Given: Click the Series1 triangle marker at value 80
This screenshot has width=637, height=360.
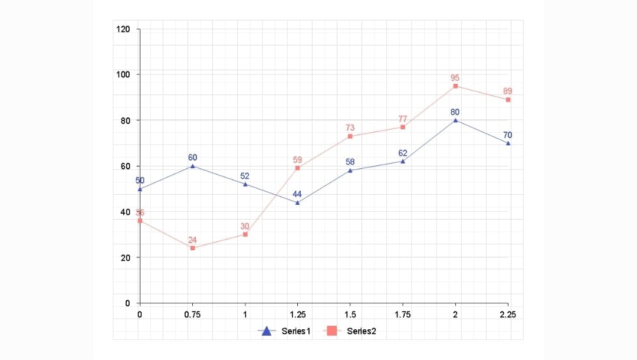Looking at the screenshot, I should pos(455,120).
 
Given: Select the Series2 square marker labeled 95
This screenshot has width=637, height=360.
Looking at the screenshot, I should pos(455,86).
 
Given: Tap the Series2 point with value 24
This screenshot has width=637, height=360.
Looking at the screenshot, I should pos(192,248).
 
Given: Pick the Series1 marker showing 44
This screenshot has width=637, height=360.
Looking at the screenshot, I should pos(297,202).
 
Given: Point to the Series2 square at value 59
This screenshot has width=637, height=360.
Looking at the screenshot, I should pos(297,168).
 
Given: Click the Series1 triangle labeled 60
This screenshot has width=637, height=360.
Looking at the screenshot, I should pos(192,166).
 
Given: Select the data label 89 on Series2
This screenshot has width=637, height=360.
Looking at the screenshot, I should pos(508,91).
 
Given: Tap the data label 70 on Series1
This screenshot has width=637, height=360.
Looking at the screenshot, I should pos(508,135).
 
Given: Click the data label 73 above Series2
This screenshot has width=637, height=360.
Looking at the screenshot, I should pos(350,128).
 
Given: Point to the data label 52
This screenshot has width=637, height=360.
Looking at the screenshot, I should pos(245,176).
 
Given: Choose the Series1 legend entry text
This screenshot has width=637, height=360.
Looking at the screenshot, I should pos(296,331).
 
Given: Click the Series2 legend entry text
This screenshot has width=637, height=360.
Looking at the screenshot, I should pos(361,331).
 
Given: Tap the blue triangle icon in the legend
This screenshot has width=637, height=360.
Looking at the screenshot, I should pos(267,331).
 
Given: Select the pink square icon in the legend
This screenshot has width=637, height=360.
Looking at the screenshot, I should pos(332,331).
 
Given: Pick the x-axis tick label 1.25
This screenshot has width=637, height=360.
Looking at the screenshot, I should pos(297,315).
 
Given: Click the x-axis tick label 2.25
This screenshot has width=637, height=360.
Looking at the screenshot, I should pos(508,315).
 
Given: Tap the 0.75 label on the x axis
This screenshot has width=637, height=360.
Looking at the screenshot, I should pos(192,315).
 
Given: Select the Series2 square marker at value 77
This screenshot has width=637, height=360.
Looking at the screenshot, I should pos(403,127).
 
